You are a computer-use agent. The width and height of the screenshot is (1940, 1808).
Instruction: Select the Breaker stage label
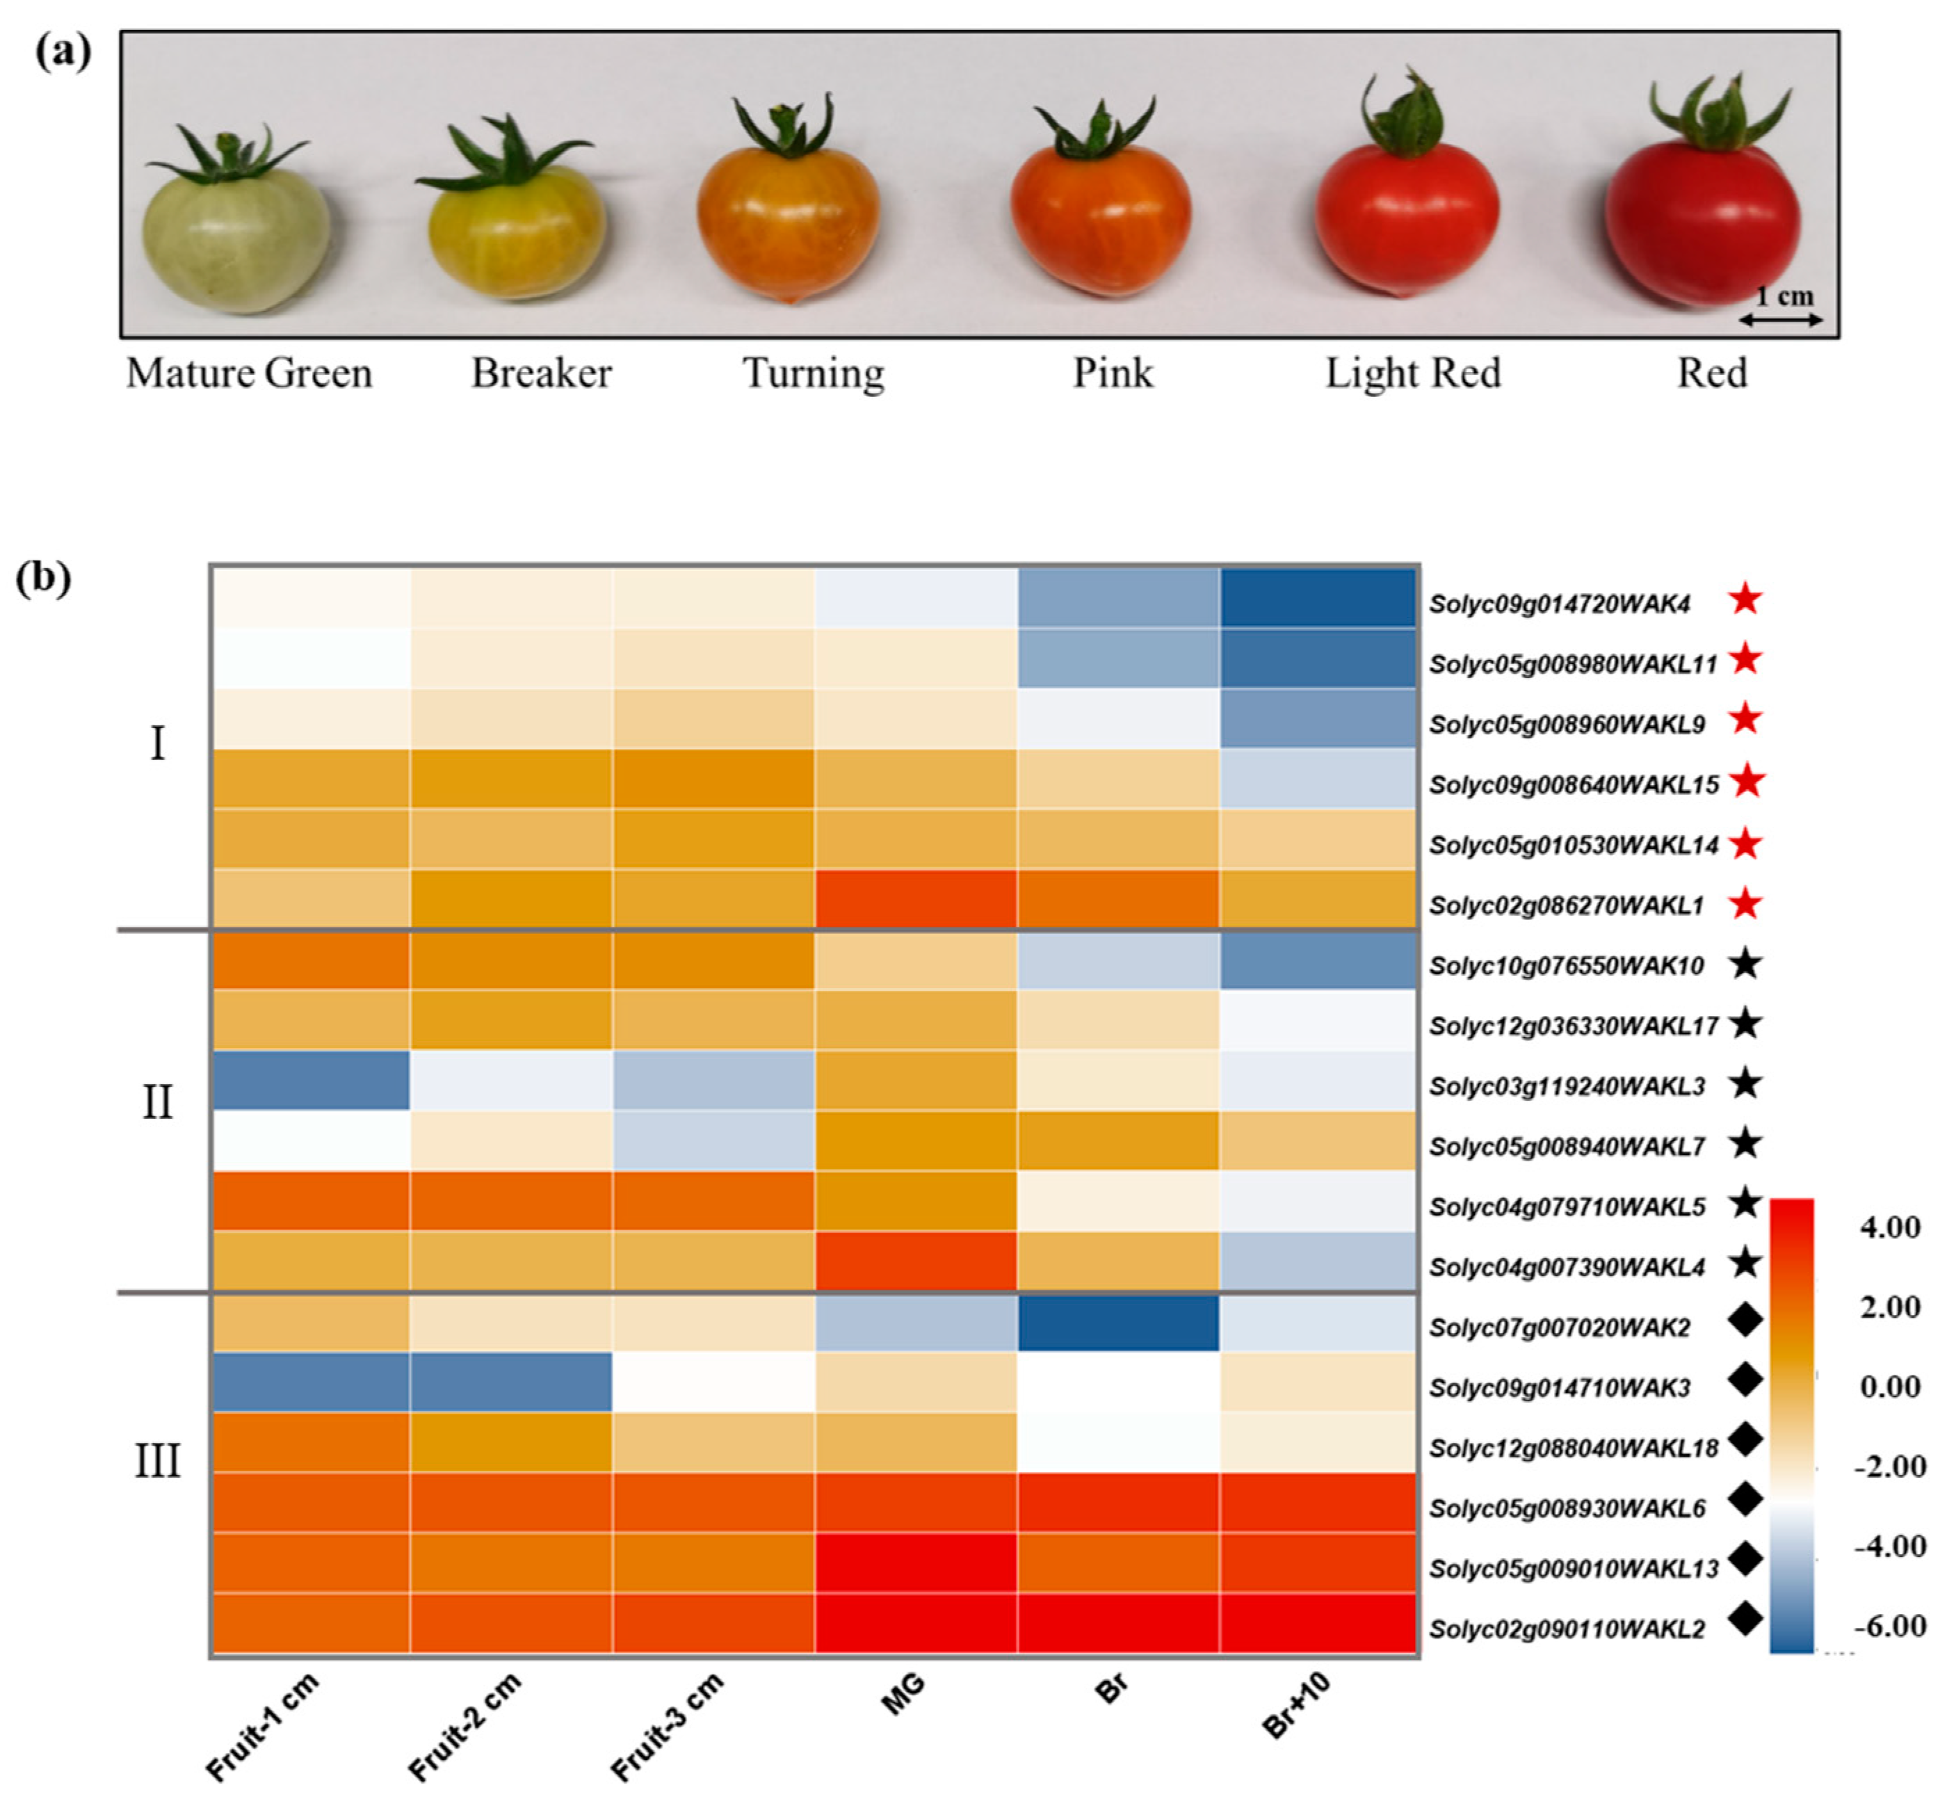542,373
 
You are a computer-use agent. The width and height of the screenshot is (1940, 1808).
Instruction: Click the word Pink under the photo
1113,373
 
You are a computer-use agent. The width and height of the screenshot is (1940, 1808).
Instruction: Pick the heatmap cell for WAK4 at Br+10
1318,597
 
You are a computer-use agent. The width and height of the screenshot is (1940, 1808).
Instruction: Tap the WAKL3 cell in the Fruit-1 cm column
310,1080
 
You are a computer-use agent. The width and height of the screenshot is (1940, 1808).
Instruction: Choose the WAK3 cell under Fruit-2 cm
511,1382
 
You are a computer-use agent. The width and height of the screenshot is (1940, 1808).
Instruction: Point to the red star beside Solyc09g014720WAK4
1745,599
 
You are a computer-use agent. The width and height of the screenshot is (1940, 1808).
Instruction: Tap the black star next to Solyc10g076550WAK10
1745,964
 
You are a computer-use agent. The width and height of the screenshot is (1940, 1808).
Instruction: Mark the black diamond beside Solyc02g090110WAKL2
1745,1620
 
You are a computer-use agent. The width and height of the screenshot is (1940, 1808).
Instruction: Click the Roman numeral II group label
157,1103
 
